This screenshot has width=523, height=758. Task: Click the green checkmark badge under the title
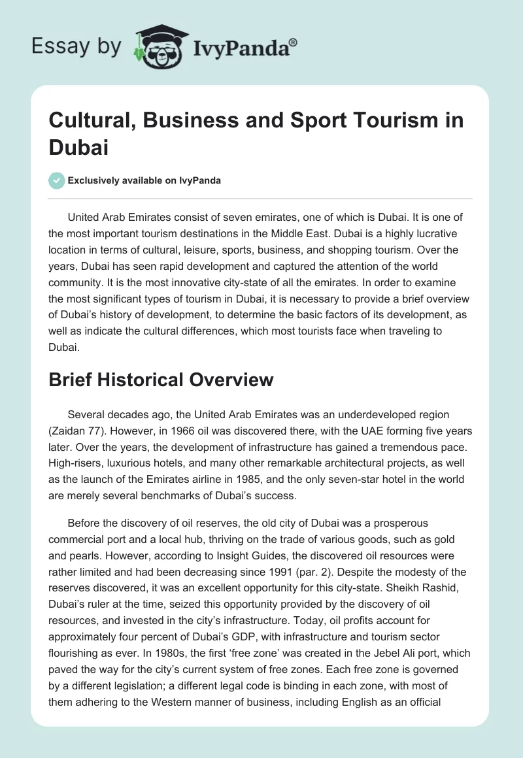[x=57, y=180]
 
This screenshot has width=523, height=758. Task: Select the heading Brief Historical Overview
[x=161, y=380]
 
